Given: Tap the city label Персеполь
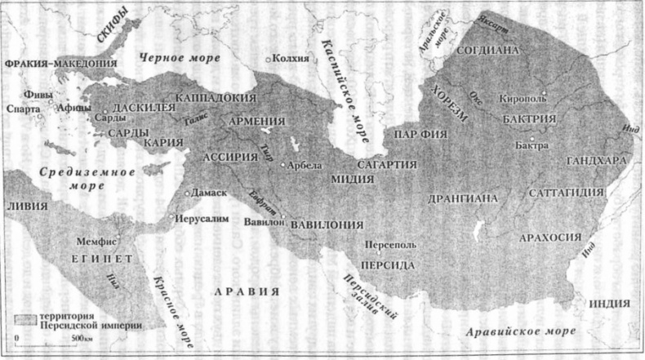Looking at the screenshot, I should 395,245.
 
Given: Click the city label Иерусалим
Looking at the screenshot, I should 200,218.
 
